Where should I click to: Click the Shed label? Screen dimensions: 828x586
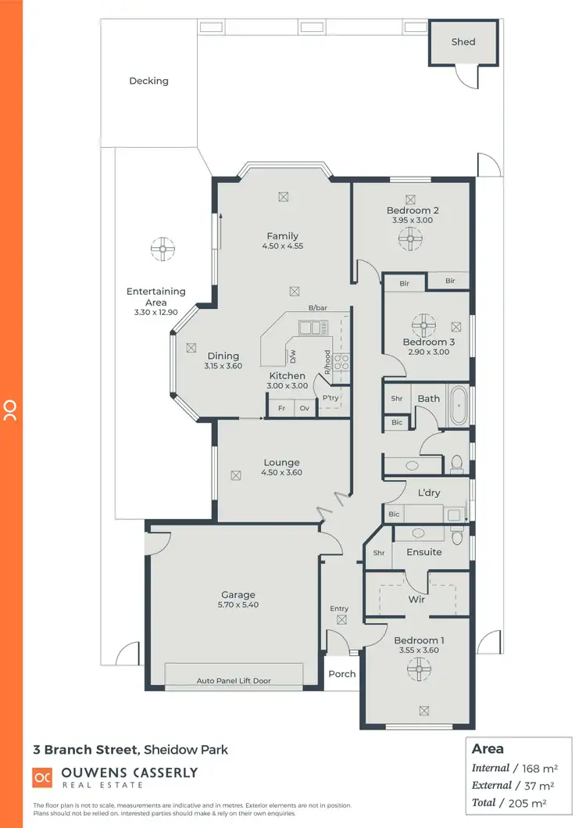pyautogui.click(x=463, y=42)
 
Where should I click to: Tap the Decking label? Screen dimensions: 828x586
pyautogui.click(x=148, y=81)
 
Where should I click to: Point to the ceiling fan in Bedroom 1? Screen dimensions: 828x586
pyautogui.click(x=420, y=668)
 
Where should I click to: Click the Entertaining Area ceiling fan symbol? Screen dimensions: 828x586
pyautogui.click(x=163, y=250)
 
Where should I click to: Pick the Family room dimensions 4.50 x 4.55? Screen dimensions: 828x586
pyautogui.click(x=282, y=246)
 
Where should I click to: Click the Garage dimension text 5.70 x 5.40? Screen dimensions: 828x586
pyautogui.click(x=238, y=605)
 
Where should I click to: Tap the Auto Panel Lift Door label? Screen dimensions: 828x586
pyautogui.click(x=234, y=681)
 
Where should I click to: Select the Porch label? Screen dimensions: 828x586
pyautogui.click(x=341, y=674)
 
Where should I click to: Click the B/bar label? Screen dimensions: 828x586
pyautogui.click(x=317, y=309)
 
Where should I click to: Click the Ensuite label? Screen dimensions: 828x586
pyautogui.click(x=424, y=552)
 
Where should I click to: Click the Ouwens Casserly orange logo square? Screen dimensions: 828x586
pyautogui.click(x=42, y=778)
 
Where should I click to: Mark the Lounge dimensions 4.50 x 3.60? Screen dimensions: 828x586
pyautogui.click(x=282, y=472)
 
